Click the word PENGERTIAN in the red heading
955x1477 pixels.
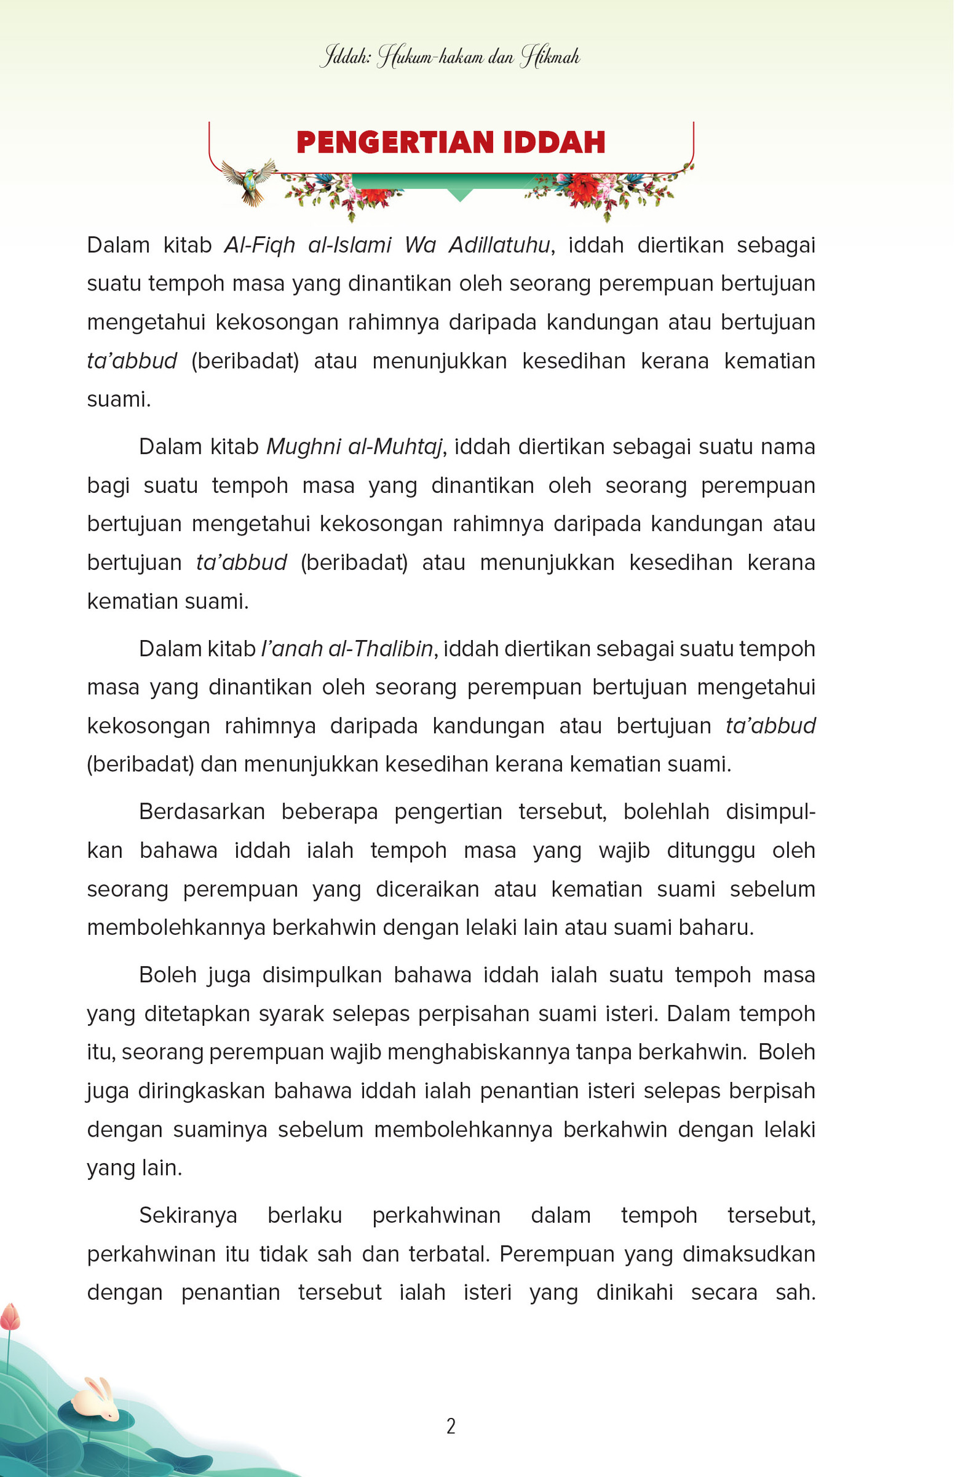396,142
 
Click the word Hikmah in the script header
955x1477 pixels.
550,57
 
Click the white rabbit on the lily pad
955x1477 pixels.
96,1400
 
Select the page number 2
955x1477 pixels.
451,1426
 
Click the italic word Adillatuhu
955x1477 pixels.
499,245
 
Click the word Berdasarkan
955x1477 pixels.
202,812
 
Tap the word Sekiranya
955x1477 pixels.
188,1215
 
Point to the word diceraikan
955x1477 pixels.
427,889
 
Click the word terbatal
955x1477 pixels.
449,1254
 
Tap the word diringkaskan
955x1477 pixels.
202,1091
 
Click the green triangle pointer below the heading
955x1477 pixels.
459,195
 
